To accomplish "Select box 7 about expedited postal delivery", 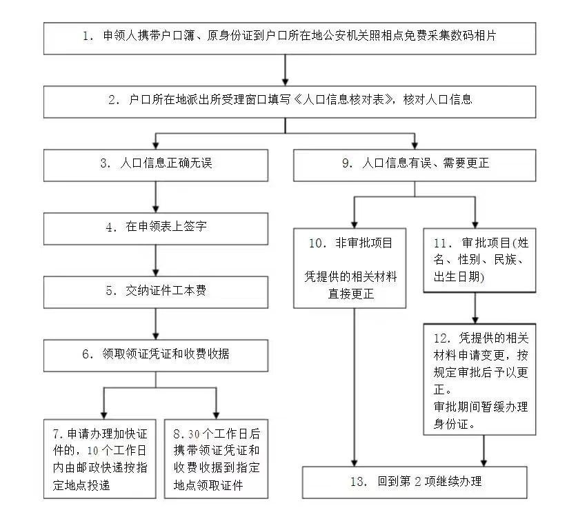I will pos(100,458).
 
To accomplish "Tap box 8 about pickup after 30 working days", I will pos(217,458).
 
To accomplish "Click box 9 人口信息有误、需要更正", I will pos(415,165).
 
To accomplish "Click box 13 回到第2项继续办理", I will pos(418,482).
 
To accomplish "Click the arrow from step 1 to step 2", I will pos(286,70).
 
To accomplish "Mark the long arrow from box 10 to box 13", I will pos(354,386).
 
